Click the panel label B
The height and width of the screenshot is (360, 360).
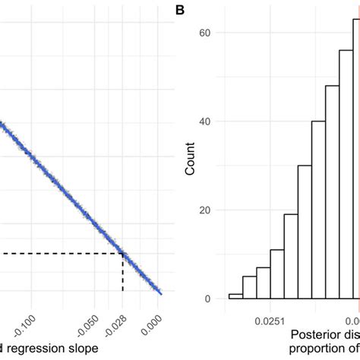pos(180,10)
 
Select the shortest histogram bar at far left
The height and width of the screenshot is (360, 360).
pos(235,296)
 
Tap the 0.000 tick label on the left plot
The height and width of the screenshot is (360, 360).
pos(156,318)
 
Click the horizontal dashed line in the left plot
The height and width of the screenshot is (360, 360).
pos(61,254)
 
